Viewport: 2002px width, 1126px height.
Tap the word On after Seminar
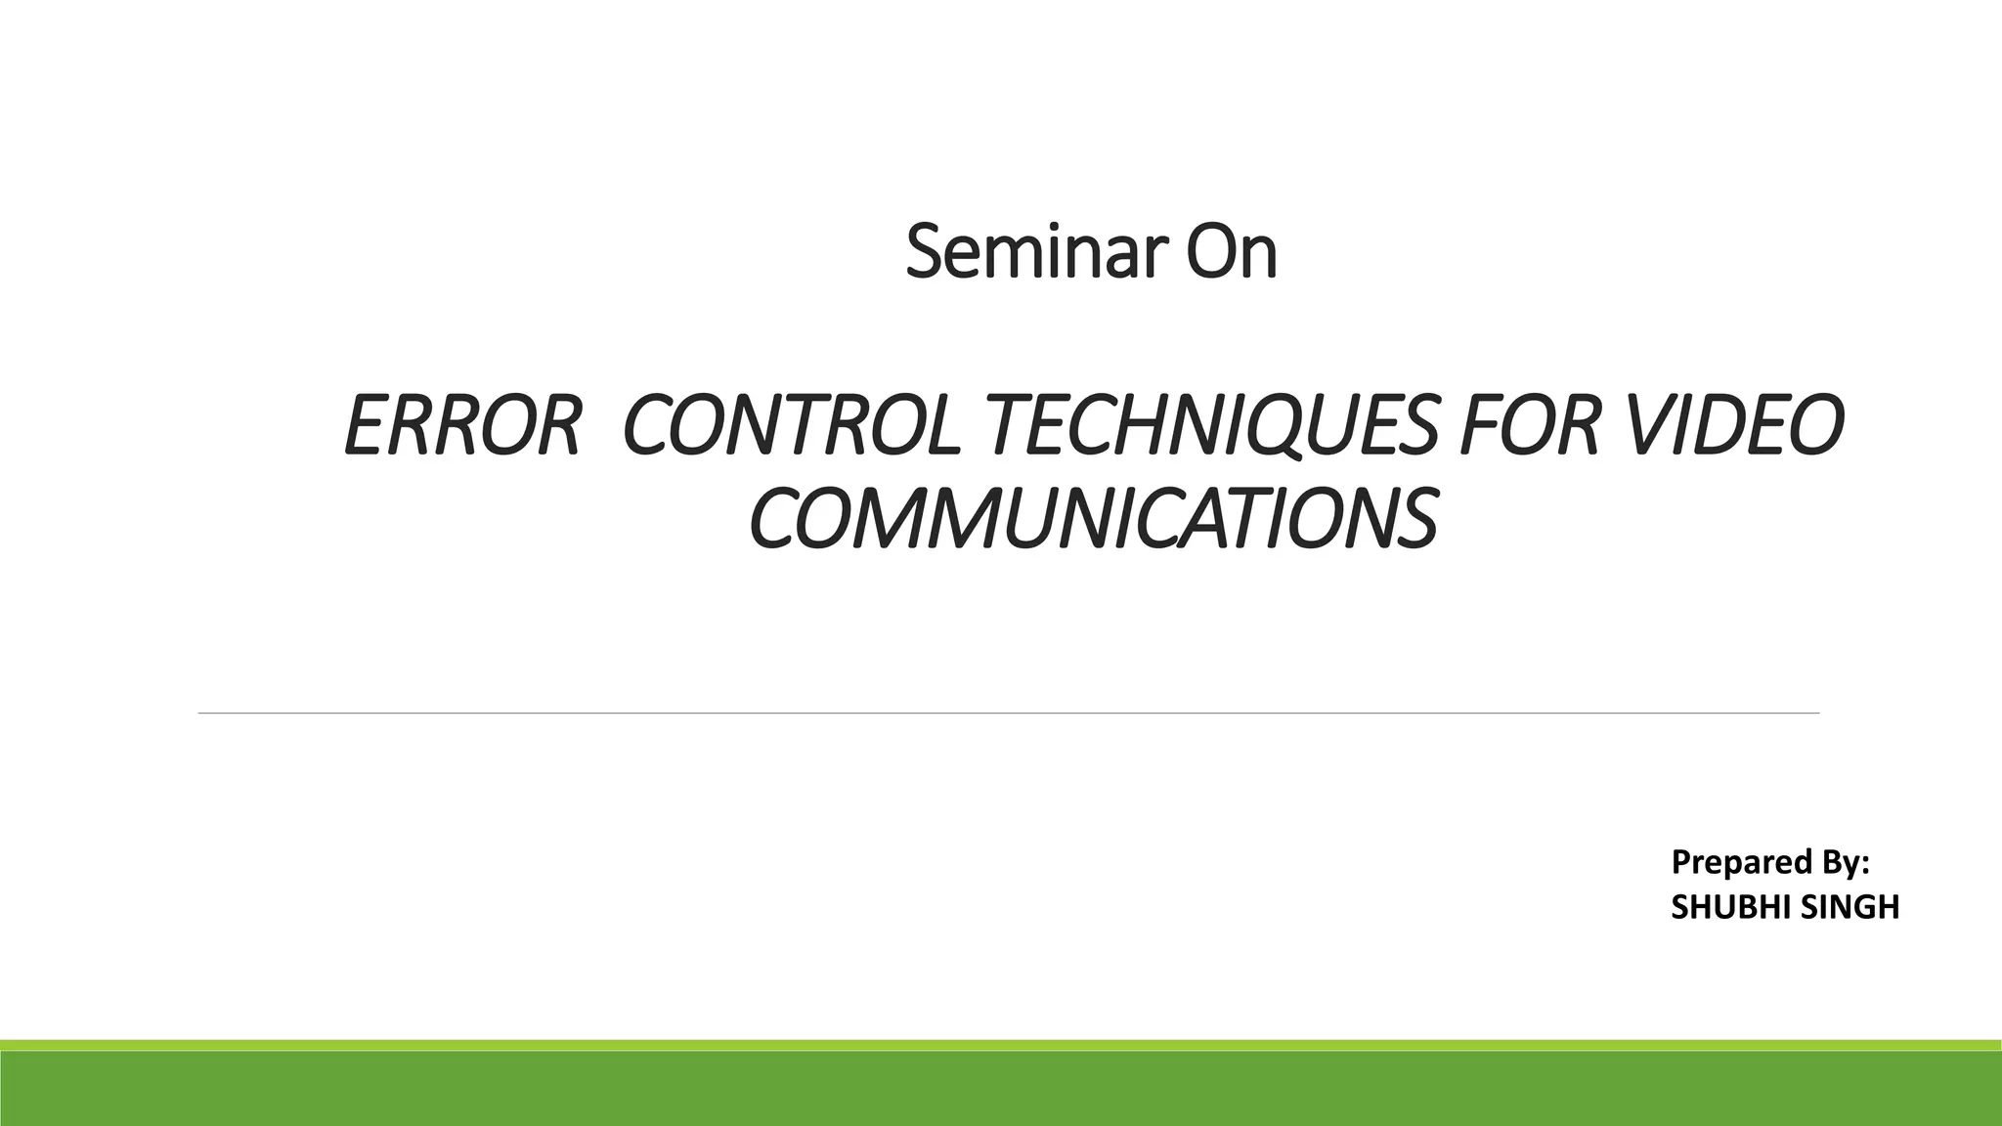coord(1232,252)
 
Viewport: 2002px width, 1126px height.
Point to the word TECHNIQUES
coord(1215,427)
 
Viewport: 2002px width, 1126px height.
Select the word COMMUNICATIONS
coord(1093,518)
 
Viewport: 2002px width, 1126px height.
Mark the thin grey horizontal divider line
coord(1007,714)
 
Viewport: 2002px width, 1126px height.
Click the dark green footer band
coord(1001,1089)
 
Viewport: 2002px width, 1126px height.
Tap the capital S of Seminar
coord(924,252)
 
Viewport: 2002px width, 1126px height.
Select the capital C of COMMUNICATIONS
coord(774,518)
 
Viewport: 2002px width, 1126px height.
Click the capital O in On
coord(1210,252)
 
